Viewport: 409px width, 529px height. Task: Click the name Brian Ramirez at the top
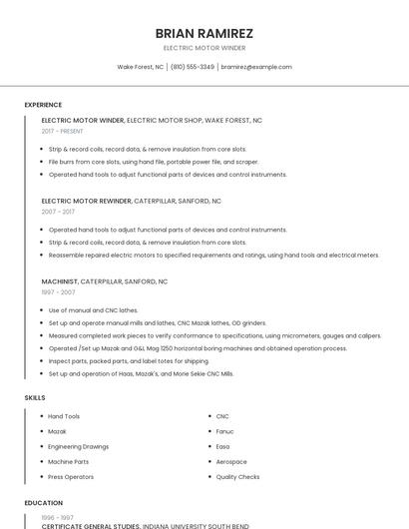coord(204,33)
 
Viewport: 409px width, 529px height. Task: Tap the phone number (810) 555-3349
coord(192,67)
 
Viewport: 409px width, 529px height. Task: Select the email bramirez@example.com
coord(256,67)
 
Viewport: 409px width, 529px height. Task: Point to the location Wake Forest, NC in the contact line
coord(140,67)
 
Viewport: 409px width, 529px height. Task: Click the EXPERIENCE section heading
coord(43,105)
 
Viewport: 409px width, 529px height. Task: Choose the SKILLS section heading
coord(35,397)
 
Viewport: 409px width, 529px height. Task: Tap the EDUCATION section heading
coord(43,503)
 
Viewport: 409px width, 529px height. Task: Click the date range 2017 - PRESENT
coord(62,131)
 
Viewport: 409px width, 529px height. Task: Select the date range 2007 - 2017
coord(58,212)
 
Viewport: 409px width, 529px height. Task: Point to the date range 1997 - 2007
coord(58,292)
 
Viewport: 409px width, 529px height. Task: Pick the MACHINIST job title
coord(59,281)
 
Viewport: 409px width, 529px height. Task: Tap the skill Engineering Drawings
coord(79,446)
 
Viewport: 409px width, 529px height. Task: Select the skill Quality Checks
coord(237,477)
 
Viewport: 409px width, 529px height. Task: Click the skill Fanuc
coord(224,431)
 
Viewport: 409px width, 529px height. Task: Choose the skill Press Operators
coord(71,477)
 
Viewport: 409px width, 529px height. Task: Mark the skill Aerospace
coord(230,462)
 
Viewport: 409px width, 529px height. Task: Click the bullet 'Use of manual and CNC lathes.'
coord(94,310)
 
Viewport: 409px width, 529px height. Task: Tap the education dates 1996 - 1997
coord(57,518)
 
